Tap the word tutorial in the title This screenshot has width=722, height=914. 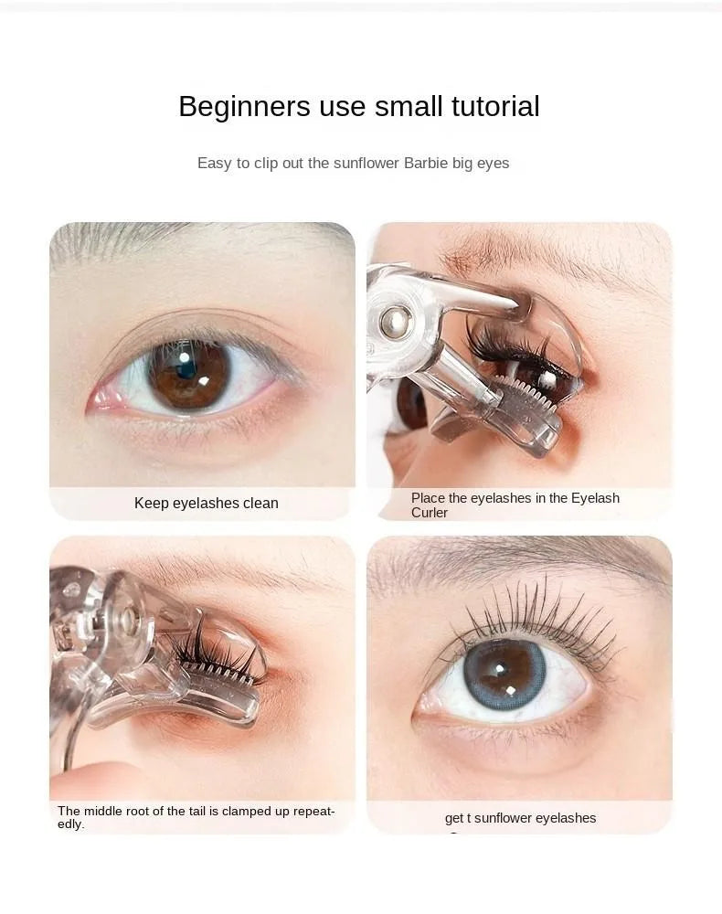[x=494, y=107]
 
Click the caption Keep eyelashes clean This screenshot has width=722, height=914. [x=206, y=503]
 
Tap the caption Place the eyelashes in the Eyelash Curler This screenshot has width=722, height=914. [x=515, y=505]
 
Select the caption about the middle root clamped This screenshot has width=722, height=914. [x=196, y=817]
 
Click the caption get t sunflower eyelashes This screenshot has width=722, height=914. [x=520, y=818]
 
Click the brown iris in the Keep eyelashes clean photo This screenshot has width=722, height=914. [x=189, y=373]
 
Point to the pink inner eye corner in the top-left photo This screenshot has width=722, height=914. [x=101, y=399]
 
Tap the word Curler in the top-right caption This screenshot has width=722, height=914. [x=430, y=513]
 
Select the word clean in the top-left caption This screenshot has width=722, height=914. [x=260, y=503]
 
